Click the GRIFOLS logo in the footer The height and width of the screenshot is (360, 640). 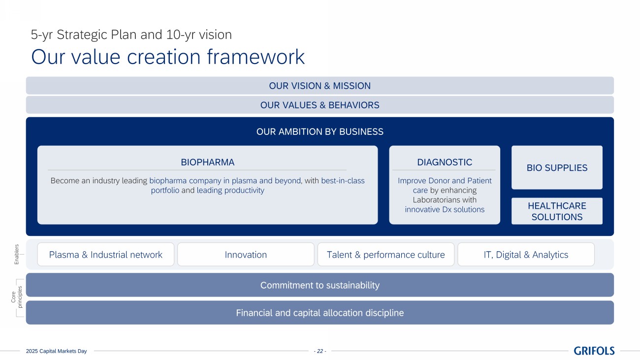(594, 351)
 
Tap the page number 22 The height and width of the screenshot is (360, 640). (320, 351)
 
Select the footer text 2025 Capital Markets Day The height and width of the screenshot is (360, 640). (56, 351)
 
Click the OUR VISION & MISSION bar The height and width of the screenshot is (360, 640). (320, 85)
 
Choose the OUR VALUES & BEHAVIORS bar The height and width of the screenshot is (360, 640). (320, 105)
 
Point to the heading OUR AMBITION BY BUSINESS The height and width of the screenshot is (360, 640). (320, 131)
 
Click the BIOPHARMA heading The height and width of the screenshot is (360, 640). (208, 163)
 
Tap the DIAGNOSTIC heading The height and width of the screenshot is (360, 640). (445, 163)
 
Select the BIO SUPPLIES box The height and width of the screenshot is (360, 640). (557, 167)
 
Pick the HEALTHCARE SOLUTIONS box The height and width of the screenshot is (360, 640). (557, 211)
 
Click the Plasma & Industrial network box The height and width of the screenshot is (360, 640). (106, 254)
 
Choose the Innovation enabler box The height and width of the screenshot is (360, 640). (246, 254)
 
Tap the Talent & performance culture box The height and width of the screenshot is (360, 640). (385, 254)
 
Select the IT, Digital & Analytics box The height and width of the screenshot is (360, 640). (526, 254)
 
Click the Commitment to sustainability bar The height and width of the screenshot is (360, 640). (320, 285)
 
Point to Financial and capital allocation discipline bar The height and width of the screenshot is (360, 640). (320, 313)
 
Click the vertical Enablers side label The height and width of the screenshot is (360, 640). (17, 254)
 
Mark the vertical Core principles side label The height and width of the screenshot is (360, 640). (16, 297)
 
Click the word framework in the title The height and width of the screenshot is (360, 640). (256, 57)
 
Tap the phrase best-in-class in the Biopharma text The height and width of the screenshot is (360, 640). (343, 181)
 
